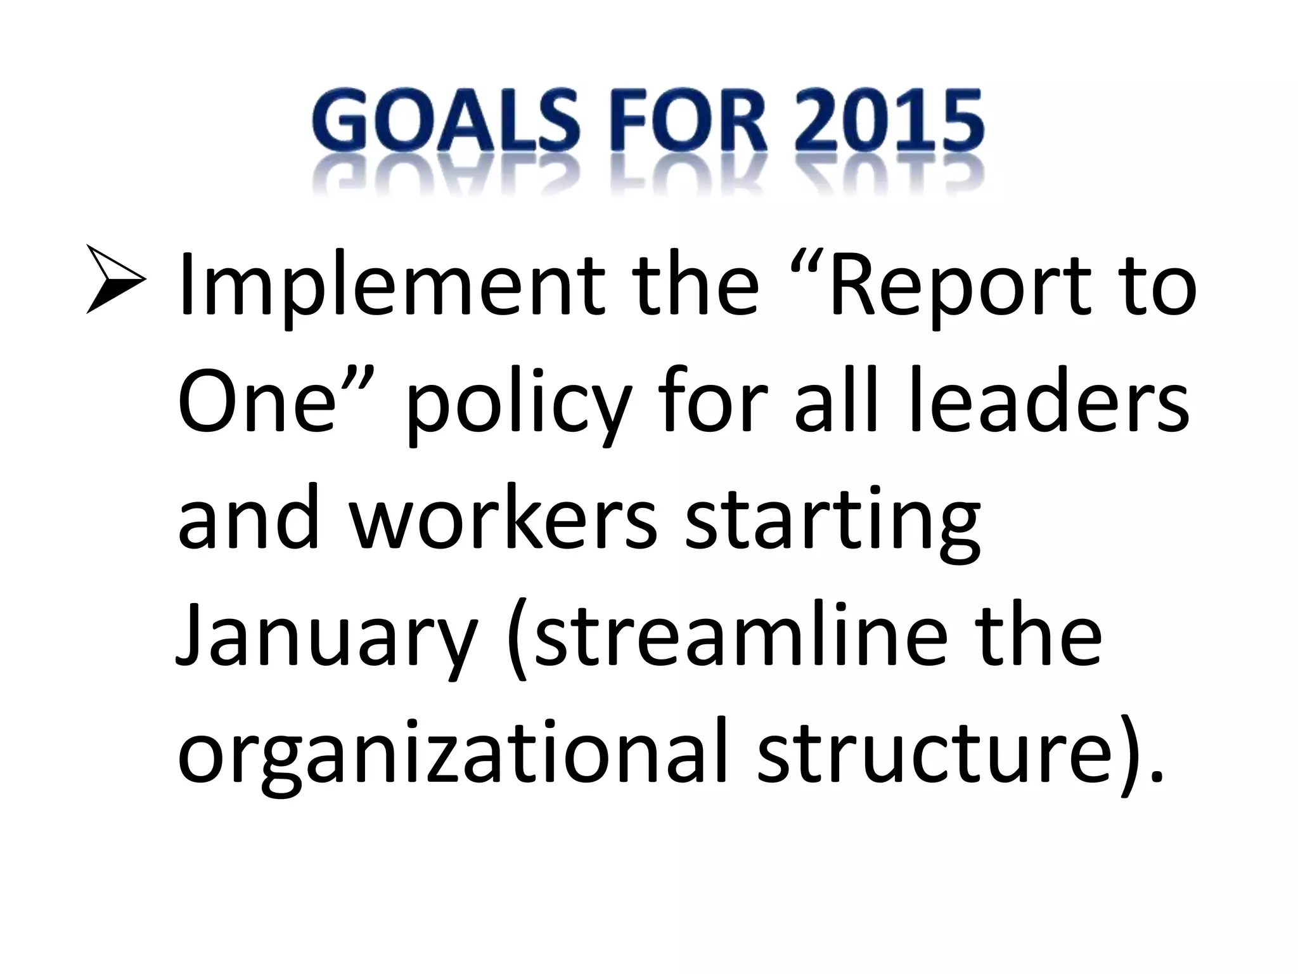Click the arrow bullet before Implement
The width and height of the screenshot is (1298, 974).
(115, 280)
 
